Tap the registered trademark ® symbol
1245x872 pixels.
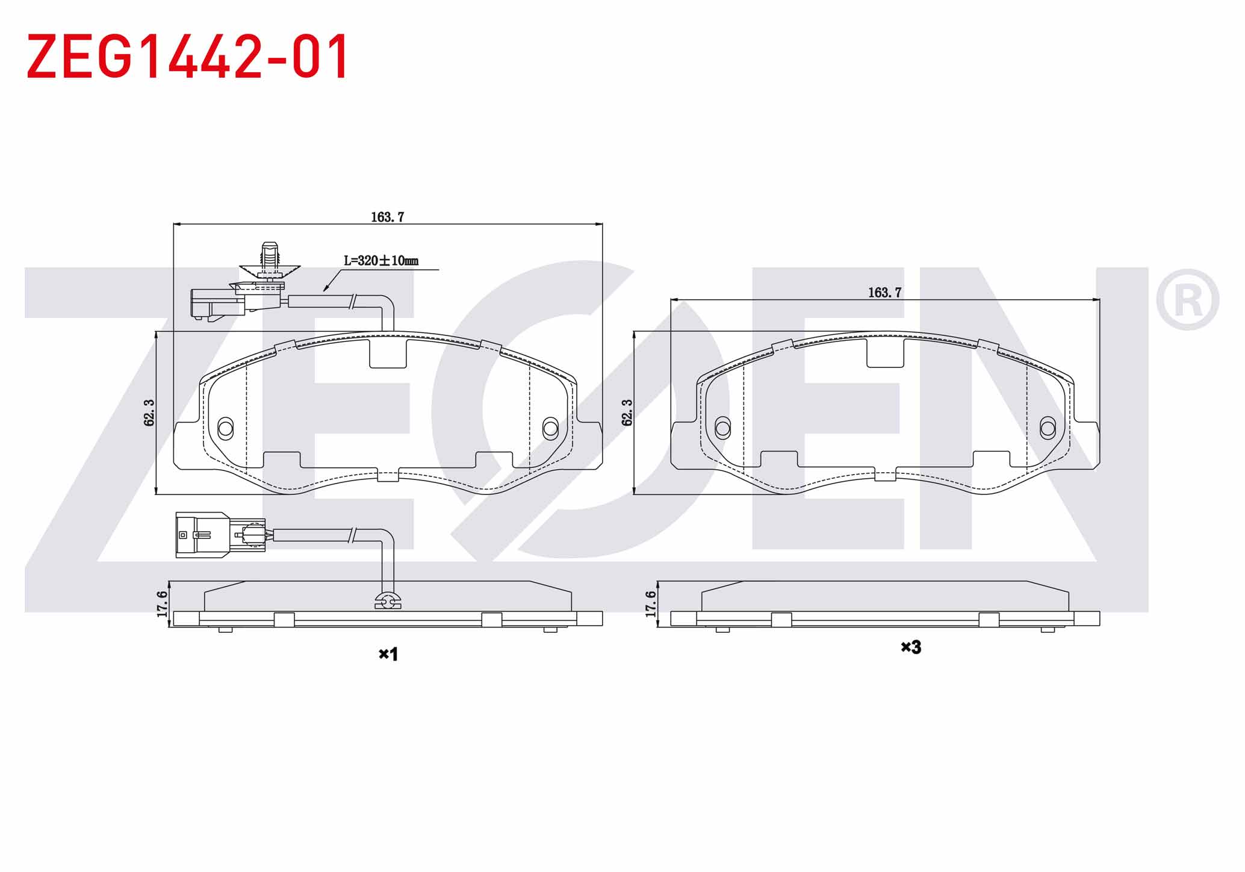[x=1187, y=300]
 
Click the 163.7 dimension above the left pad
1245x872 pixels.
[x=387, y=217]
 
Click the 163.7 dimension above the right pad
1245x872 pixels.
[x=884, y=292]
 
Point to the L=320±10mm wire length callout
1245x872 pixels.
[x=381, y=261]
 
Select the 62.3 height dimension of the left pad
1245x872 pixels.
[x=149, y=413]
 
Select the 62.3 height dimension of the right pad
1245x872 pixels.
[x=627, y=413]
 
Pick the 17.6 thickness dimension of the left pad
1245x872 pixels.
[x=161, y=603]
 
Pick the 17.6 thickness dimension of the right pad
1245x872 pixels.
[x=650, y=603]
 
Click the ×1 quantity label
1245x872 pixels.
[x=388, y=654]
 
